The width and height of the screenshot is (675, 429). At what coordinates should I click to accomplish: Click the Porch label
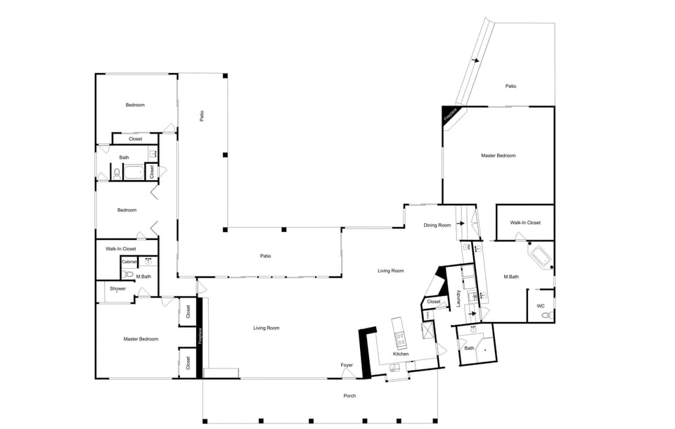[349, 396]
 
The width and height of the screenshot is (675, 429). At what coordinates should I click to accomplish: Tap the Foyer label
[347, 365]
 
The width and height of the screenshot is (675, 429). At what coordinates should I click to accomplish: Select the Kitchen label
[401, 354]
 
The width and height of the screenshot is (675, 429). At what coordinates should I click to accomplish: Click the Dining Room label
[437, 226]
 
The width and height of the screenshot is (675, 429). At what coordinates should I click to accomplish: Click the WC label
[540, 306]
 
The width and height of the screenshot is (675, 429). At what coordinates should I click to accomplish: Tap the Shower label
[117, 289]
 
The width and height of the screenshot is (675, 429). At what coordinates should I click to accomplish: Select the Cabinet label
[129, 262]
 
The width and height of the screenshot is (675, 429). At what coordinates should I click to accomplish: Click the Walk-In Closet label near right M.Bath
[525, 223]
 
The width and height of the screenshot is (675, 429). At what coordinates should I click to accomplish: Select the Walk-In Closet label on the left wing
[120, 249]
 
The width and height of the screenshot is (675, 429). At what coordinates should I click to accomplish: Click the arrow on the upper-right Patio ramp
[476, 60]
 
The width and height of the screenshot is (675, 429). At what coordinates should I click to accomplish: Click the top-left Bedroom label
[135, 105]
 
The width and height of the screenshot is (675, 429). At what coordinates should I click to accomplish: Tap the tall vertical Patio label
[201, 116]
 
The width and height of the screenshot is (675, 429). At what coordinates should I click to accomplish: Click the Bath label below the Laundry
[468, 348]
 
